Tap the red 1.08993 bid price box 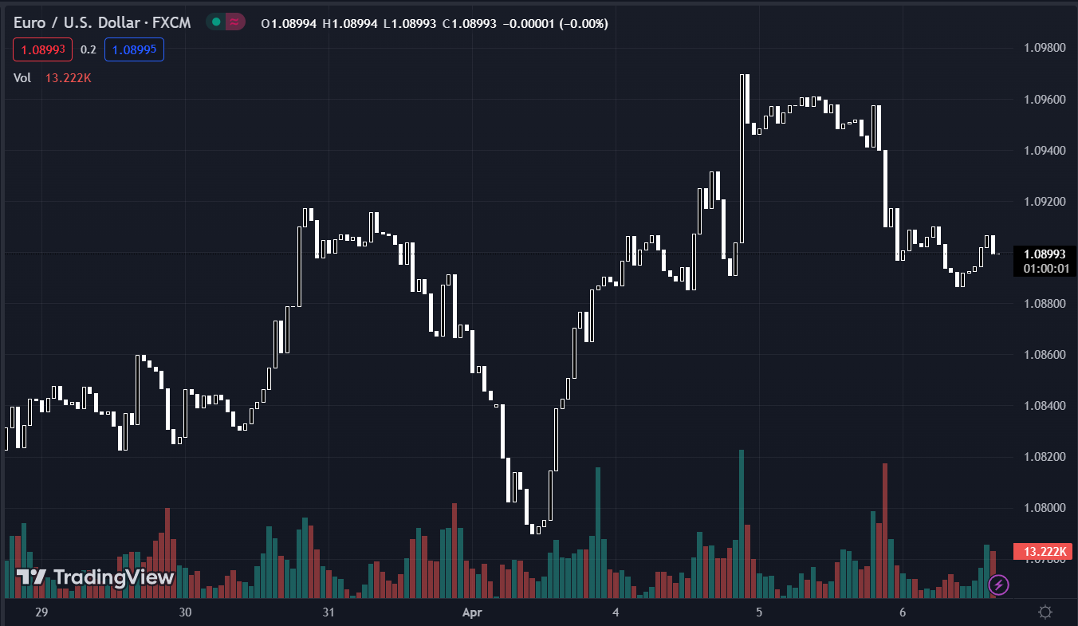42,49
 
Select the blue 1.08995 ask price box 134,49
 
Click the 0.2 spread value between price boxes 89,49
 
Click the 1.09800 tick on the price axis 1045,48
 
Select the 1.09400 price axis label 1045,151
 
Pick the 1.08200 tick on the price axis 1045,457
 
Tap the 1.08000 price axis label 1045,508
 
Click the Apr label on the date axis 473,612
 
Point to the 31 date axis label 328,612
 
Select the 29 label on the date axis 42,612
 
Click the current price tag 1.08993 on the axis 1045,254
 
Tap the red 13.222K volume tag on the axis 1045,551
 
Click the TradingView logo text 96,577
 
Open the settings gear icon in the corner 1045,612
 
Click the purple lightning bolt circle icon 997,585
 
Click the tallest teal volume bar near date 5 742,523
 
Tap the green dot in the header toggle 216,22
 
